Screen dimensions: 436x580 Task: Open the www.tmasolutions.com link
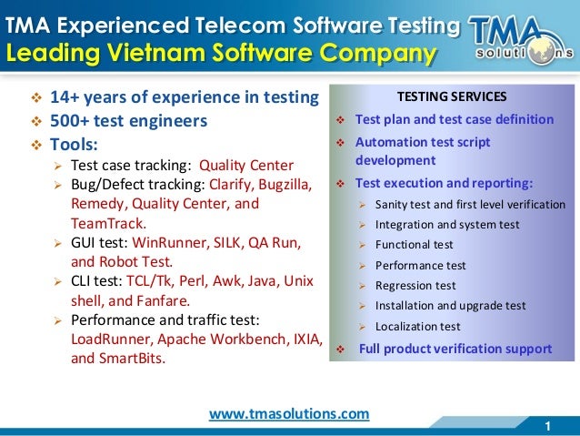pos(289,413)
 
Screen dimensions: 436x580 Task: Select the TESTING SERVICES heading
pos(452,96)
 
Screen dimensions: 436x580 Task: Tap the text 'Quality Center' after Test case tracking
pos(246,165)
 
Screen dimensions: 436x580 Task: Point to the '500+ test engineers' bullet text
pos(129,120)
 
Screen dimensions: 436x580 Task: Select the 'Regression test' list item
pos(415,286)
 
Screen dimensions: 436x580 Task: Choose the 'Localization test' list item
pos(417,326)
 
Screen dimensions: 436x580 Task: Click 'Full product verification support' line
pos(455,349)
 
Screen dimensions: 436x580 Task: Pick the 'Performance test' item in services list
pos(420,265)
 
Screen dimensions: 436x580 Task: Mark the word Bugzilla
pos(284,185)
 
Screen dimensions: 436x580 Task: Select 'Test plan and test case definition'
pos(454,119)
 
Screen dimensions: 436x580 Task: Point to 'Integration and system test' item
pos(447,225)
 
